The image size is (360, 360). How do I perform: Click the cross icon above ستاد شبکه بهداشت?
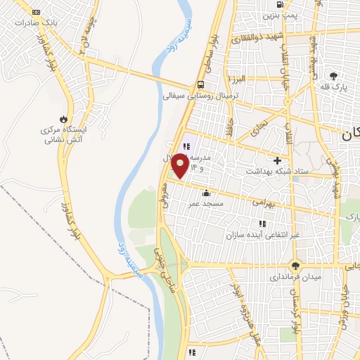pyautogui.click(x=278, y=160)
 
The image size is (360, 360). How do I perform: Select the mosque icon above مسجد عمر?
pyautogui.click(x=206, y=193)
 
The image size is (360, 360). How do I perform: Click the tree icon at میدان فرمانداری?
pyautogui.click(x=295, y=266)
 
